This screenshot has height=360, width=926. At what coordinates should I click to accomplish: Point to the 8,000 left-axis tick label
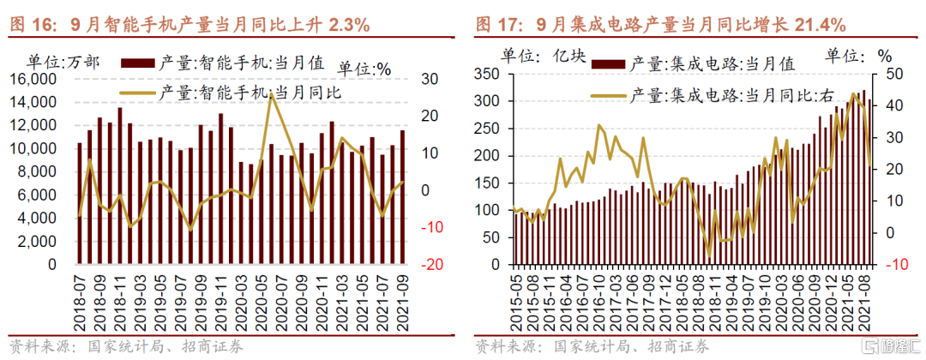click(40, 172)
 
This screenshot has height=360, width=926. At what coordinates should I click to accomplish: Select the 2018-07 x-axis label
click(80, 297)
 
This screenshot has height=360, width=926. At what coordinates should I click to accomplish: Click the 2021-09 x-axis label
click(403, 297)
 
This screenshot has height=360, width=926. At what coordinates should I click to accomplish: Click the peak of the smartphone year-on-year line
click(271, 93)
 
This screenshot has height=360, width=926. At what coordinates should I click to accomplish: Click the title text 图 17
click(495, 25)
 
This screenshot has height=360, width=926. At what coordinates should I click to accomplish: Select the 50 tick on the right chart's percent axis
click(894, 74)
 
